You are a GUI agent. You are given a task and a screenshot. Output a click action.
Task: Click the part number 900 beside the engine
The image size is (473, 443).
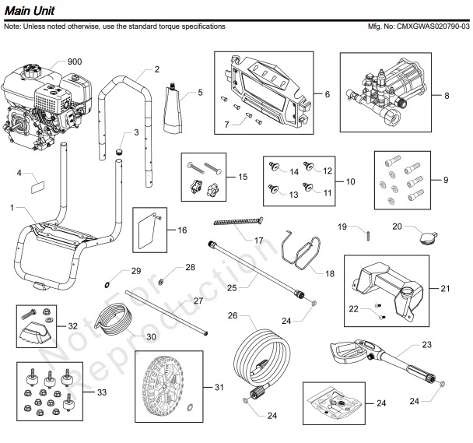pos(75,62)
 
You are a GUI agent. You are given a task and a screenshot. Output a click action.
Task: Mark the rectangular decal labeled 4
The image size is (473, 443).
pos(35,187)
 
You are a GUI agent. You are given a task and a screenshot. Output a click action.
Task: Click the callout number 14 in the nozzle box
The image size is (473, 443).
pos(295,171)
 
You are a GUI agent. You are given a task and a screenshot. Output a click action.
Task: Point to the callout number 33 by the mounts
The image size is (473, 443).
pos(102,394)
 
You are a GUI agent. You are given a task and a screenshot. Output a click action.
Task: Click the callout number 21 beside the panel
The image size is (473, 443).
pos(445,288)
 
